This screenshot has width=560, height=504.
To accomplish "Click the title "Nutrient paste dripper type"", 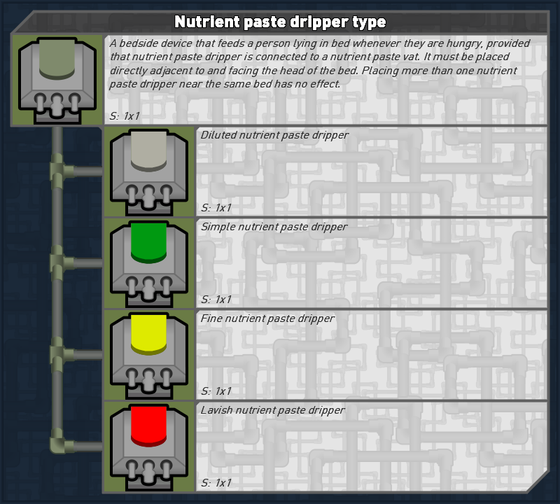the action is pos(280,22).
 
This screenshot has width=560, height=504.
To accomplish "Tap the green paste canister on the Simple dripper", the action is pos(148,242).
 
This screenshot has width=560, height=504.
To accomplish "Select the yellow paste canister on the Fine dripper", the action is pos(148,334).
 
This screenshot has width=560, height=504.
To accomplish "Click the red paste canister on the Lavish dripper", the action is pos(148,426).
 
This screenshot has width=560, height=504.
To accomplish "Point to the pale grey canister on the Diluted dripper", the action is pos(148,150).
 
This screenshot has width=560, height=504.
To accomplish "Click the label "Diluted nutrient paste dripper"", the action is pos(274,135).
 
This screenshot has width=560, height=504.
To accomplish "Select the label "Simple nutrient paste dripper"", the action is pos(274,227).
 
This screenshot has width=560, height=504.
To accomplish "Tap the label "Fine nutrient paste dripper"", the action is pos(267,318).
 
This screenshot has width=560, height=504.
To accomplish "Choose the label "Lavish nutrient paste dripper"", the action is pos(272,410).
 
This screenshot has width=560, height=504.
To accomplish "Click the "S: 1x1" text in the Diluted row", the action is pos(216,208).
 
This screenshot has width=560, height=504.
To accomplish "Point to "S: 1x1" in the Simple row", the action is pos(216,300).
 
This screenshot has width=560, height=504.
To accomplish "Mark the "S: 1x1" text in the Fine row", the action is pos(216,391).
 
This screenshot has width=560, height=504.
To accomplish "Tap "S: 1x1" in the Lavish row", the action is pos(216,483).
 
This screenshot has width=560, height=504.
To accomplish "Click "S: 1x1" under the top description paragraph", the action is pos(125,116).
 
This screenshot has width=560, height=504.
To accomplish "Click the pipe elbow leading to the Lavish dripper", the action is pos(59,444).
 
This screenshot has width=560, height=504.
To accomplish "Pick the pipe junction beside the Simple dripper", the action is pos(58,263).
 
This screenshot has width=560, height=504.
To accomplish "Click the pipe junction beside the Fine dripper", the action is pos(58,355).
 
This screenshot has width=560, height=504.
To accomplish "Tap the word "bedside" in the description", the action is pos(141,43).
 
